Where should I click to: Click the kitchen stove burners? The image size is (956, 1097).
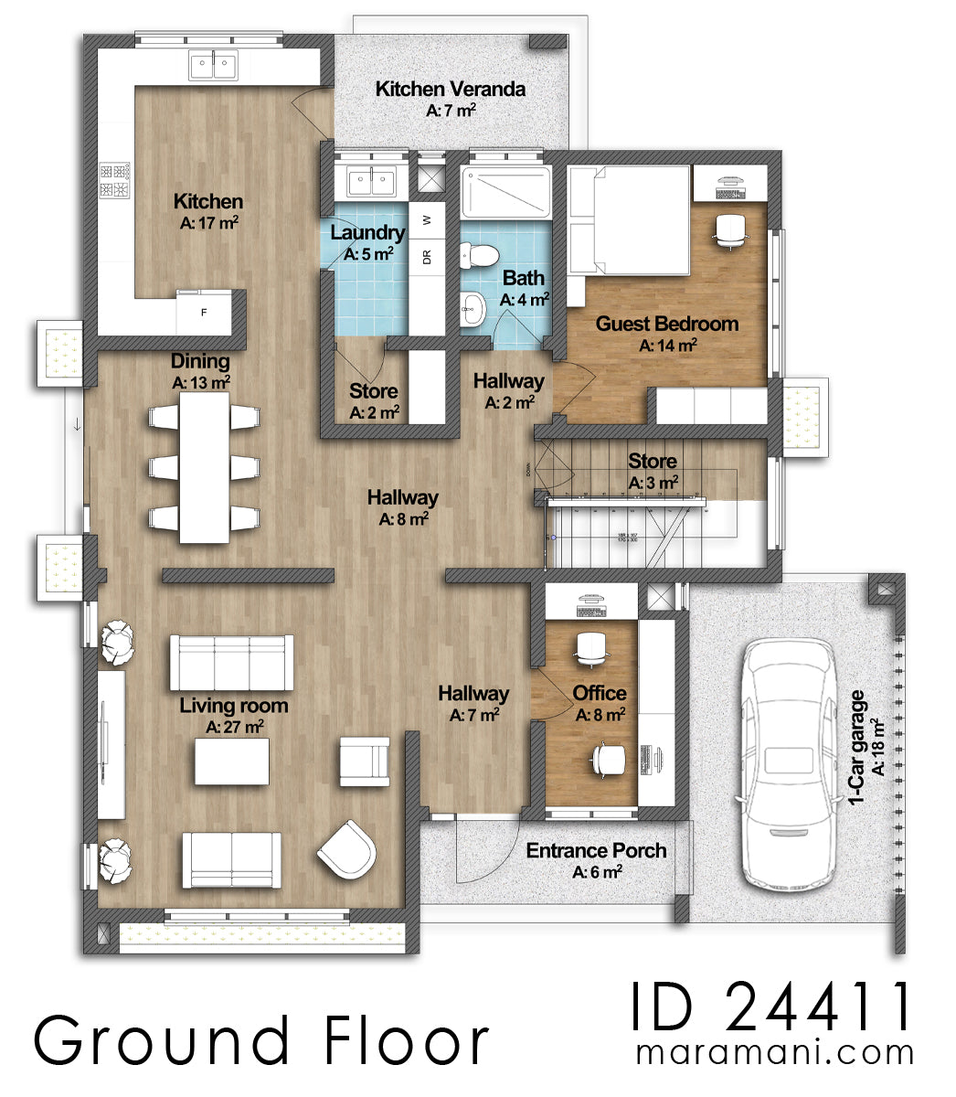[114, 181]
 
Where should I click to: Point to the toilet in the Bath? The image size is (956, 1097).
[478, 255]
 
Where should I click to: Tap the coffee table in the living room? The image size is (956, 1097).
[231, 761]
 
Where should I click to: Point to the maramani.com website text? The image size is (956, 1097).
[774, 1052]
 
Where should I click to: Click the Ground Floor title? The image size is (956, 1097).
[262, 1041]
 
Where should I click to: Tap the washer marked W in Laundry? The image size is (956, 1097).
[427, 220]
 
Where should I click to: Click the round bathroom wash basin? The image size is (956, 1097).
[472, 309]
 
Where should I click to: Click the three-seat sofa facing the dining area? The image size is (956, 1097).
[231, 663]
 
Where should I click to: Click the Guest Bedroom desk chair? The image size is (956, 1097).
[728, 229]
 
